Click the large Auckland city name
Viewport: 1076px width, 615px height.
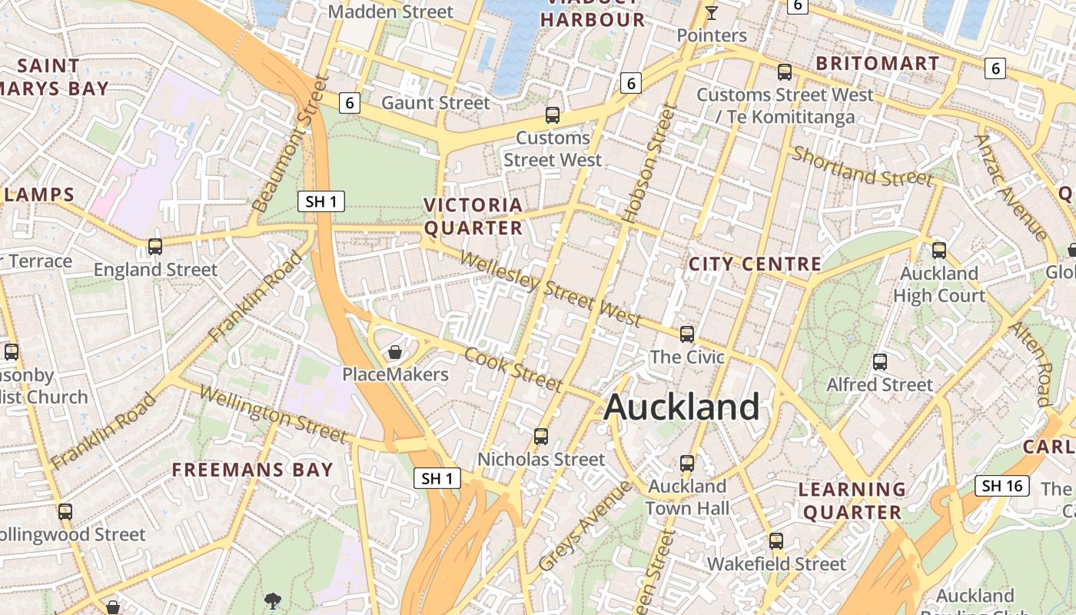tap(682, 407)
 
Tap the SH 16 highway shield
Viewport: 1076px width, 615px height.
tap(1002, 485)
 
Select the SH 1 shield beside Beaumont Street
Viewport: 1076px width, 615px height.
tap(321, 202)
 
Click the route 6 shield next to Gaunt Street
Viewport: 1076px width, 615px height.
tap(350, 102)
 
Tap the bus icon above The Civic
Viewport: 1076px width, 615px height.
tap(687, 334)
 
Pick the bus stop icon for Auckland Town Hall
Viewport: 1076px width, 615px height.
tap(687, 464)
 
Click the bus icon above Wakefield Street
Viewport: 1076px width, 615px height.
tap(776, 541)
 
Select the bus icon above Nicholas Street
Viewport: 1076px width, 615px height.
tap(541, 437)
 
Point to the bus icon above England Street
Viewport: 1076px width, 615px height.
tap(155, 247)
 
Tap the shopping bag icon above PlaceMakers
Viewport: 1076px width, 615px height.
tap(395, 352)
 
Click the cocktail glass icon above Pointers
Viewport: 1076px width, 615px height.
tap(712, 12)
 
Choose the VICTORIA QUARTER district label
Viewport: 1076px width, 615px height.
tap(473, 217)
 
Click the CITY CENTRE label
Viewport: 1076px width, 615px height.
tap(755, 264)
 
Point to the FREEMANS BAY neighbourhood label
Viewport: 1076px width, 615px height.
tap(252, 470)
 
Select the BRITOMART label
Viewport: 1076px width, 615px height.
tap(878, 63)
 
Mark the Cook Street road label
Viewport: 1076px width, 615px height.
tap(514, 370)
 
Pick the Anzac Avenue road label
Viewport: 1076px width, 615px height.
tap(1011, 187)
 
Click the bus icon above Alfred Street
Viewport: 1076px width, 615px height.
tap(880, 361)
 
